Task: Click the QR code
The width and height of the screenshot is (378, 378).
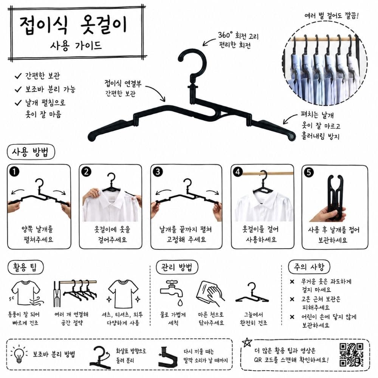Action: (351, 355)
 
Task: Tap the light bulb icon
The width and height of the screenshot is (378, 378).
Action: (19, 355)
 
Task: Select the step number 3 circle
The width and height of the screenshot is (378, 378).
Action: (158, 172)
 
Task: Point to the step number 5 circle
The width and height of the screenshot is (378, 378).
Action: (309, 173)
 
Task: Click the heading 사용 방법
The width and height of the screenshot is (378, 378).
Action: (30, 152)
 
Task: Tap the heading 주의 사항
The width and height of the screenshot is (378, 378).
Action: (309, 267)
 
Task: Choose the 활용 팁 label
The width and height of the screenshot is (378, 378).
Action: (25, 268)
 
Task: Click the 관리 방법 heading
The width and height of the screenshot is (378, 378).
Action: (177, 267)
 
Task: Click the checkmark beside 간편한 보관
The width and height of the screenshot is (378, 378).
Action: (18, 76)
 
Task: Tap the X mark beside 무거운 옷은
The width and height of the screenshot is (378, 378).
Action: (292, 281)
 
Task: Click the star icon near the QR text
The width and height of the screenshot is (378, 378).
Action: (247, 342)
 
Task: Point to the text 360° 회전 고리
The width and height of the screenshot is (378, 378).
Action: (238, 36)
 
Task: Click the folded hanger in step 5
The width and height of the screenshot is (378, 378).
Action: (335, 198)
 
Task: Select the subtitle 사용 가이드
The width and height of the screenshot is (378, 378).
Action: (76, 46)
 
